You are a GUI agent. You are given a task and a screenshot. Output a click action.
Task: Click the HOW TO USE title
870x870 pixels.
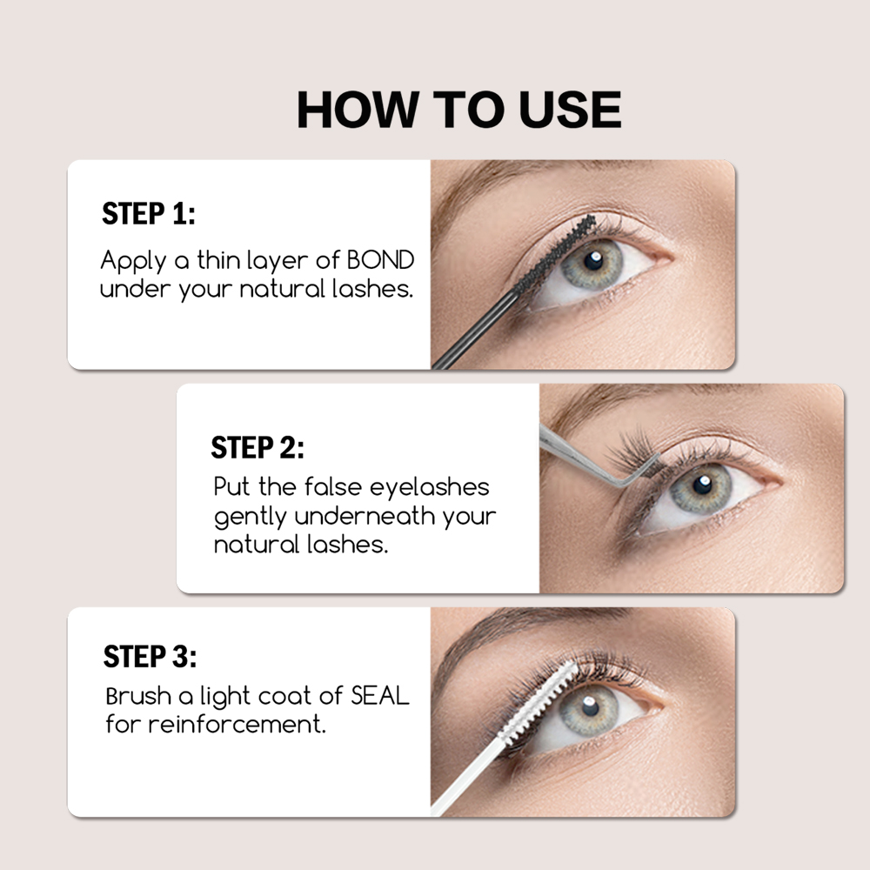pos(458,110)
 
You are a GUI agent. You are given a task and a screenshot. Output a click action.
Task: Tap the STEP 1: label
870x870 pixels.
pos(149,214)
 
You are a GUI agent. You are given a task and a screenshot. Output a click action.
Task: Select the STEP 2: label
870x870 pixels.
pos(258,448)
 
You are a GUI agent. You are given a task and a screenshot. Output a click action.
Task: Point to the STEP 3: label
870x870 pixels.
pos(150,657)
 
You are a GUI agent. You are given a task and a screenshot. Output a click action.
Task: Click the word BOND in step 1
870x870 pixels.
pos(380,260)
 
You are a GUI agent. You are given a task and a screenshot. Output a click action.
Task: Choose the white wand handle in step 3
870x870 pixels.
pos(470,779)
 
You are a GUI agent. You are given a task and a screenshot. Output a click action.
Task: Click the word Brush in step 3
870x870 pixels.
pos(136,696)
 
